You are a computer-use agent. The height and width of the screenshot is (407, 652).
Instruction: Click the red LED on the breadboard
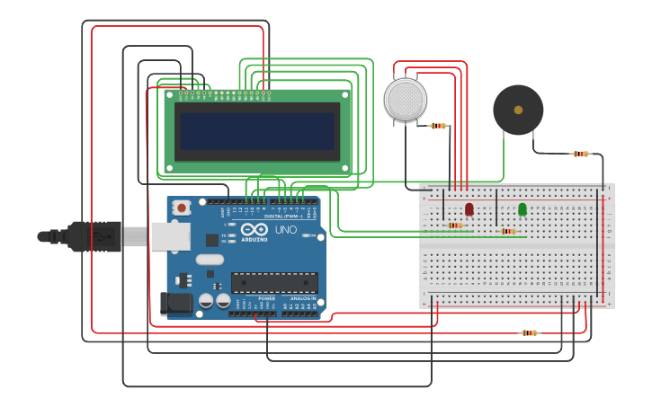[x=469, y=208]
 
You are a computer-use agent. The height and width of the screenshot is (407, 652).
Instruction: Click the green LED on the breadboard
[x=522, y=208]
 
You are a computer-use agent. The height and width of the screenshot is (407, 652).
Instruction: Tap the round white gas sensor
[x=406, y=99]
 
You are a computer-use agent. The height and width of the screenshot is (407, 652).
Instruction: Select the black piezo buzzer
[x=518, y=110]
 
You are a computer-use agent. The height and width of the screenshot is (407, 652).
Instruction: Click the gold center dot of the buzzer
[x=518, y=110]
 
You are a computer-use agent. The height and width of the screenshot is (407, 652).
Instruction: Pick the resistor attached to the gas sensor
[x=439, y=126]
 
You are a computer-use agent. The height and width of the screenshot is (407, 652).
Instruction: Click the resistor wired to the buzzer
[x=581, y=154]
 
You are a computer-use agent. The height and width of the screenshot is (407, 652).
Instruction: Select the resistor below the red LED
[x=455, y=226]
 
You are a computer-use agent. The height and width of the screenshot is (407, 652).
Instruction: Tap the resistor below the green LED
[x=508, y=231]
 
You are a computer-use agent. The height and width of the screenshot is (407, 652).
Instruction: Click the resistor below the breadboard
[x=529, y=332]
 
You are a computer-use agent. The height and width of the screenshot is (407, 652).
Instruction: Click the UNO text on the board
[x=286, y=230]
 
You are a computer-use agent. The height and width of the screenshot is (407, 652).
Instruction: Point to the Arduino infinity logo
[x=254, y=229]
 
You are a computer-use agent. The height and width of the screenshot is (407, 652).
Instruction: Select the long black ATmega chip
[x=274, y=282]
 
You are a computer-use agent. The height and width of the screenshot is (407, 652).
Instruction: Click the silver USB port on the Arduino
[x=170, y=236]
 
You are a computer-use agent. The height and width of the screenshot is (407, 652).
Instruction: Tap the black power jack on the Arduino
[x=174, y=304]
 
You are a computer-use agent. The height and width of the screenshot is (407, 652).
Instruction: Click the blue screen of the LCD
[x=257, y=131]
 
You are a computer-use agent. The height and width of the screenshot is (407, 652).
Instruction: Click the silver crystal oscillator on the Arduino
[x=209, y=260]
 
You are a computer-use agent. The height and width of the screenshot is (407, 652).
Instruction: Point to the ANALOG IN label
[x=302, y=298]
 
